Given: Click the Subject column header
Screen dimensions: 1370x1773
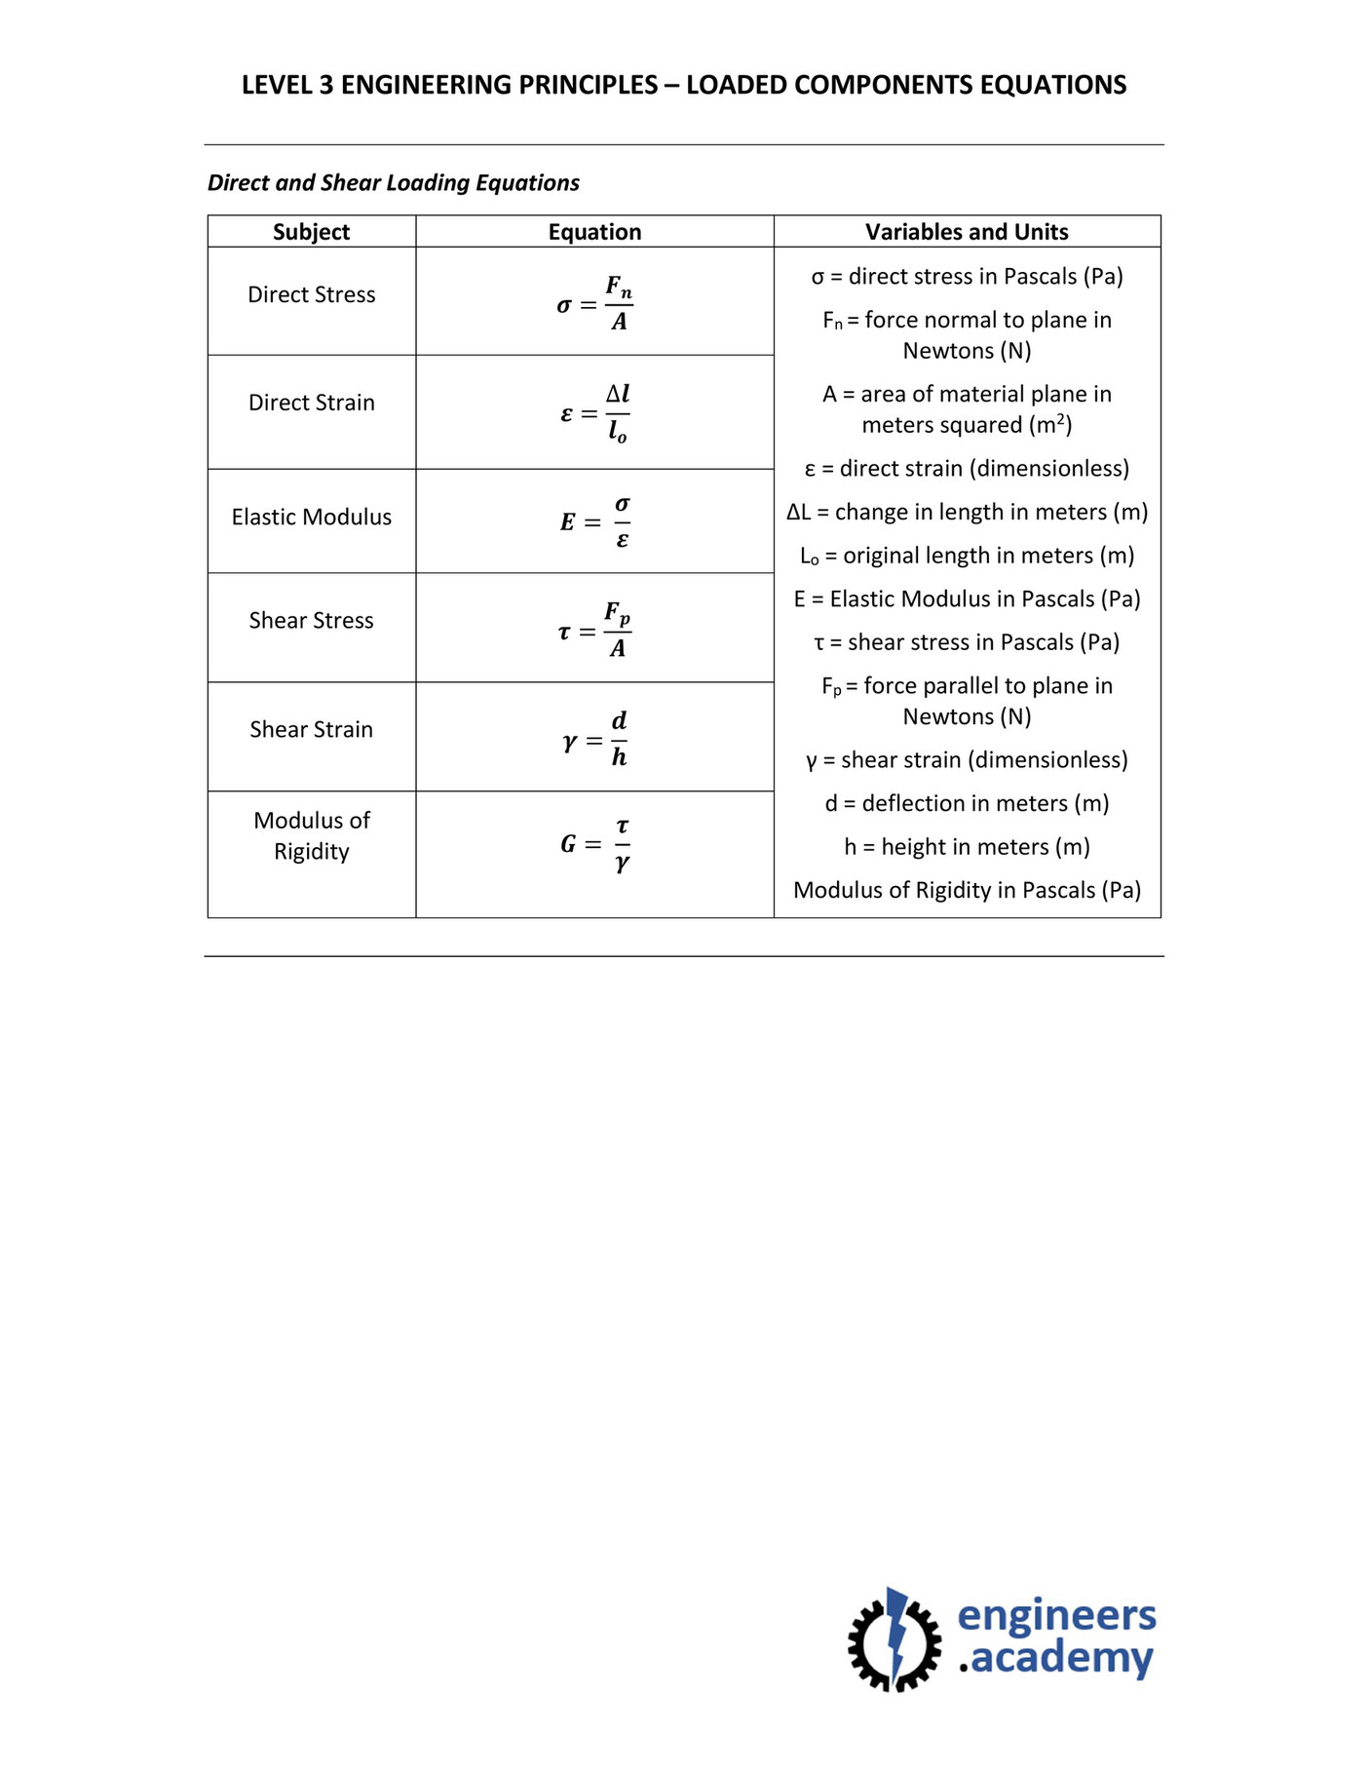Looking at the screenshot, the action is [x=311, y=232].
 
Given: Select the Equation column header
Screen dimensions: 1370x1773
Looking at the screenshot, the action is [x=594, y=232].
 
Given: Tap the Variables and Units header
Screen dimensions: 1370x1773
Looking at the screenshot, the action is [x=967, y=232].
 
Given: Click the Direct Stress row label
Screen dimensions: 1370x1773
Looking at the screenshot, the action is [x=311, y=294].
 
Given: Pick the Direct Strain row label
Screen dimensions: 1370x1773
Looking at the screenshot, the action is [x=311, y=403].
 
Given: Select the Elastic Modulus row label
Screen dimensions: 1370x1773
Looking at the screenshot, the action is [x=311, y=517].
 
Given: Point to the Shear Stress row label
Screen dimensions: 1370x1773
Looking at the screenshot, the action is [x=311, y=620].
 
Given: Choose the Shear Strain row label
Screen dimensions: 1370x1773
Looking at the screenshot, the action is [x=311, y=729].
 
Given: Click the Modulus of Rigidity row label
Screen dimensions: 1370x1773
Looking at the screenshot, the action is [x=311, y=835].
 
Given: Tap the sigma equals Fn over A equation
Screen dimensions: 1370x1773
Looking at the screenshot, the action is [x=594, y=303].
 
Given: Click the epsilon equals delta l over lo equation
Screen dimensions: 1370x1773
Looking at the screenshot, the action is [x=594, y=413].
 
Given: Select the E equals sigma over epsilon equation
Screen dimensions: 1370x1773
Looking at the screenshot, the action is [x=594, y=521].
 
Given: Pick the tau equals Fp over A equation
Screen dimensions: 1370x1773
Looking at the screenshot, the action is [x=594, y=630].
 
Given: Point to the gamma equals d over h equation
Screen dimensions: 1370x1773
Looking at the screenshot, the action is [x=594, y=739].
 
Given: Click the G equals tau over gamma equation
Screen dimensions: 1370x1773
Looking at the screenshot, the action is [x=594, y=844].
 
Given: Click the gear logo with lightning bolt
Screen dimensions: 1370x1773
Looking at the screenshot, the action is [x=894, y=1639].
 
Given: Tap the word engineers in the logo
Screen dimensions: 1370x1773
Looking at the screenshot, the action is [x=1056, y=1616].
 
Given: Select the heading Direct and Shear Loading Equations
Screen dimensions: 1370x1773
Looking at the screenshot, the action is [x=394, y=183].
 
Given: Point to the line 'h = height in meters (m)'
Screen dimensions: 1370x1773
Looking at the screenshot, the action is [x=967, y=847].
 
